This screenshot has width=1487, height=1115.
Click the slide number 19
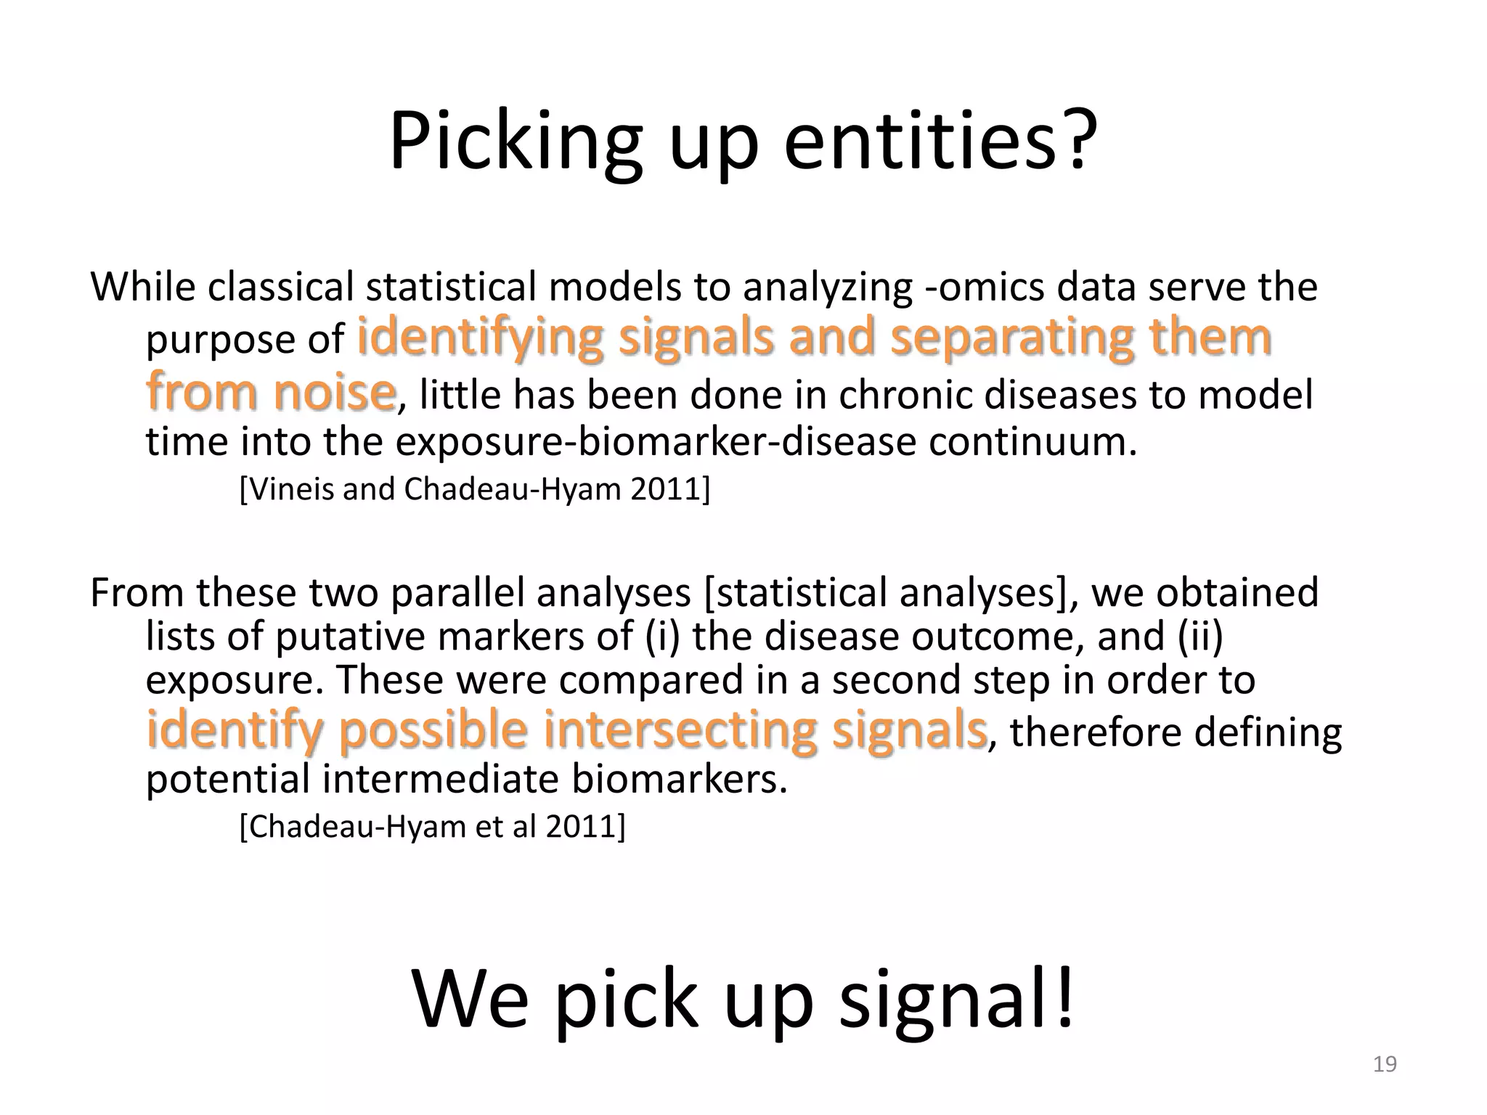1385,1064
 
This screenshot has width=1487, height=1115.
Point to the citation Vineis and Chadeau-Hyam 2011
475,489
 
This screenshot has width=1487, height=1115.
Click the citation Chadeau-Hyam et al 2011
432,826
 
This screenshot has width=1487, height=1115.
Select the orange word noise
334,392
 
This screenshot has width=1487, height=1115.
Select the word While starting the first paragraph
143,287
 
